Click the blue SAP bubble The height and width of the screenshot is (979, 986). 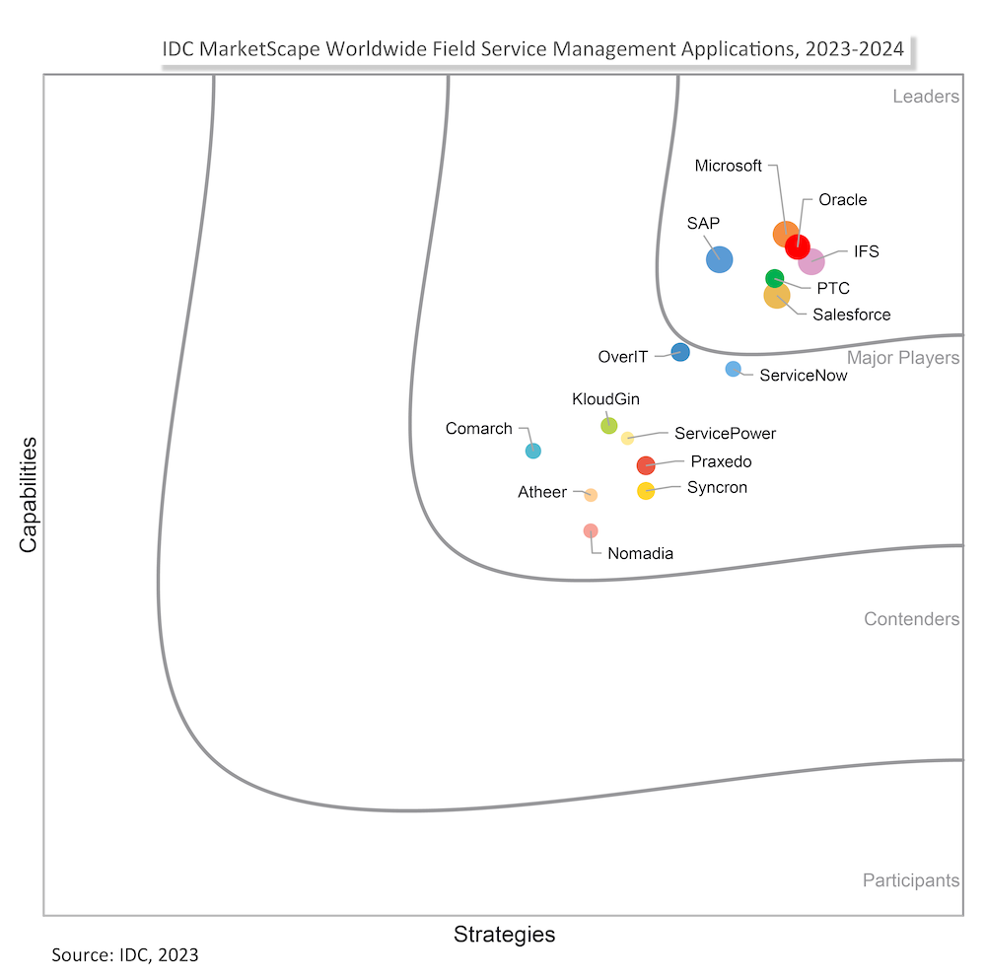tap(720, 259)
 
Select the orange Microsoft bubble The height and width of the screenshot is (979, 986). tap(784, 234)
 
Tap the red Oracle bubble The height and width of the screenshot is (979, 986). tap(798, 246)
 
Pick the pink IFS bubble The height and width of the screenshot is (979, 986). tap(811, 261)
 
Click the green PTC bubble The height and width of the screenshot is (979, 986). tap(775, 278)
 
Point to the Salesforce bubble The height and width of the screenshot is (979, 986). tap(777, 295)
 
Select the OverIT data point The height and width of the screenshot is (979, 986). tap(680, 351)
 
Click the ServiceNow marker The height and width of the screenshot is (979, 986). tap(733, 369)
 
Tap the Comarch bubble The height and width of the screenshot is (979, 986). tap(532, 451)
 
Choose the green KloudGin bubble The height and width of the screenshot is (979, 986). tap(609, 426)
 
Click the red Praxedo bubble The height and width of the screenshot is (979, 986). tap(646, 465)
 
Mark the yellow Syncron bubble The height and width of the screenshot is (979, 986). tap(646, 491)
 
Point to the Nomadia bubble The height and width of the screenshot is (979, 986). tap(591, 530)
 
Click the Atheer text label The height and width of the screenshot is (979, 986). tap(542, 492)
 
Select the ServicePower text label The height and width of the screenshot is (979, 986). tap(725, 433)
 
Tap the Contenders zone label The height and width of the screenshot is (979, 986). tap(911, 619)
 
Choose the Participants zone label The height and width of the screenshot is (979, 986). tap(910, 880)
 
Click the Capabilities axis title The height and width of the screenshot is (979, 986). tap(29, 493)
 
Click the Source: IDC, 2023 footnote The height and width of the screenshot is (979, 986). tap(124, 954)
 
